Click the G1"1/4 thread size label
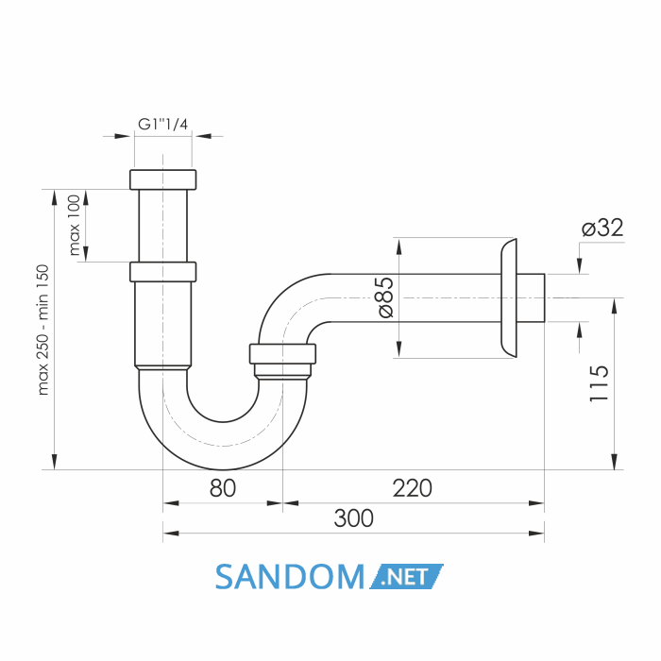162,125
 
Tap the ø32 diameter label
602,229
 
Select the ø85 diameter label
385,297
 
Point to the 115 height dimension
599,383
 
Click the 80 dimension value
223,488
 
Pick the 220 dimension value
413,488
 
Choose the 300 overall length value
354,518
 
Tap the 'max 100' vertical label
75,225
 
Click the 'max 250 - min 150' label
43,330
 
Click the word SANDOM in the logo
290,577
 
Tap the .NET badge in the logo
406,577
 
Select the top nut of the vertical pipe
162,179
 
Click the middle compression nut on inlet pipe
162,272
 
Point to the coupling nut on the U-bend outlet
282,354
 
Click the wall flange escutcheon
509,297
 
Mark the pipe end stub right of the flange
531,297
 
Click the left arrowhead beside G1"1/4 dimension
122,136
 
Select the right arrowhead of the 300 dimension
536,534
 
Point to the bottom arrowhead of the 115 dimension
614,462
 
